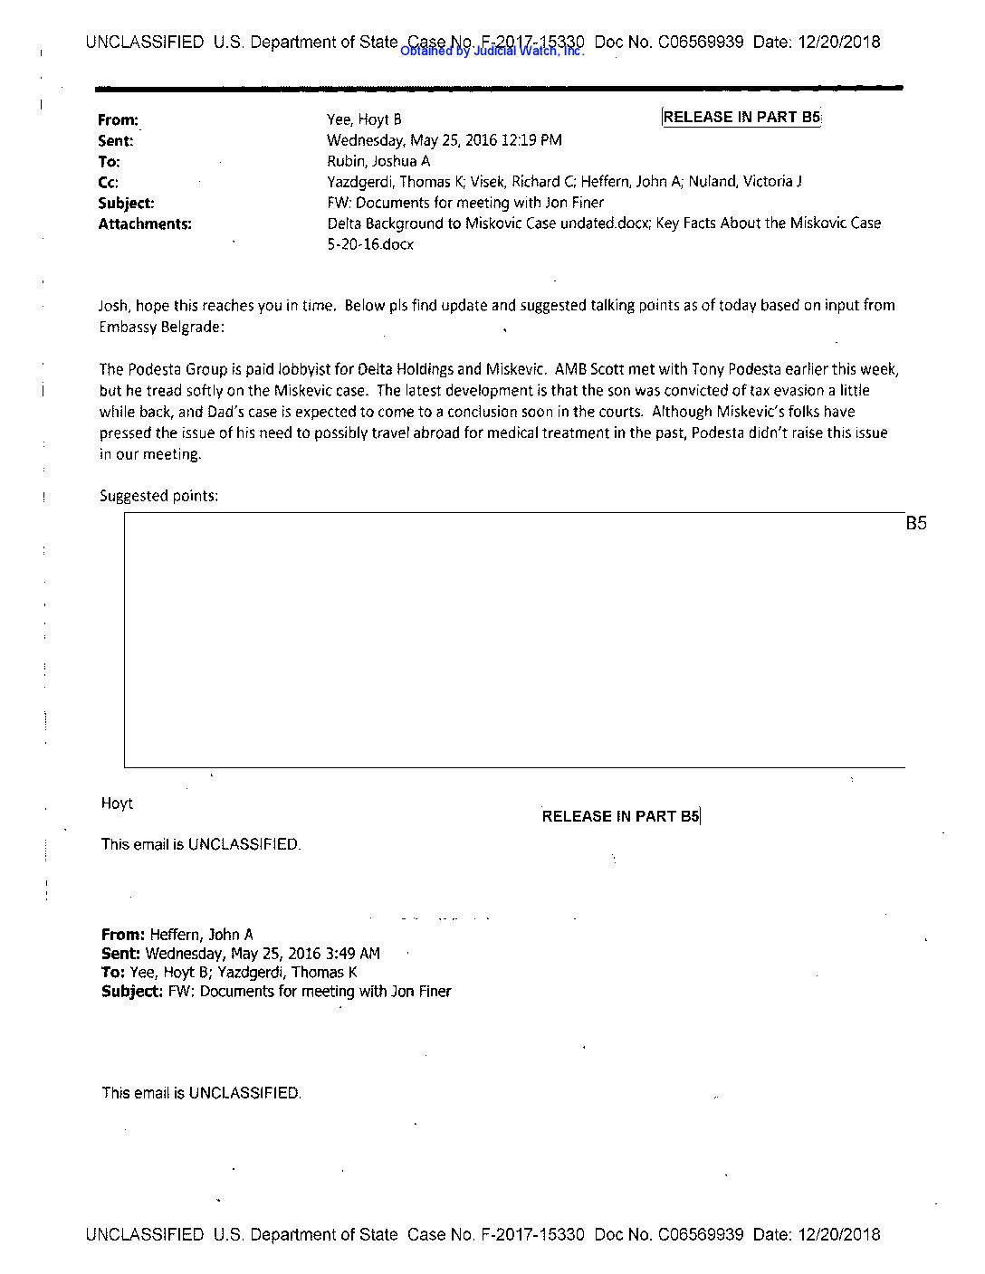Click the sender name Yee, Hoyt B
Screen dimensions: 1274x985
coord(364,119)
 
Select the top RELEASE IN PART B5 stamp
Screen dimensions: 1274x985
coord(741,117)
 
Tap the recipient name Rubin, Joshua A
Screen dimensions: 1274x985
coord(378,161)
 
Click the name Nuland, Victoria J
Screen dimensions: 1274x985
coord(744,182)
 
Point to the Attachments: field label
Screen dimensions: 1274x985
coord(145,223)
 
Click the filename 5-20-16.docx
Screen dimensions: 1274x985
coord(370,244)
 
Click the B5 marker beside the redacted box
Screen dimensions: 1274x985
coord(916,523)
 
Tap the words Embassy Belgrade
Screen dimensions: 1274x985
coord(159,327)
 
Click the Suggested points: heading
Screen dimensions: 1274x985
coord(158,496)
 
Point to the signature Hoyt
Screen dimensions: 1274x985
coord(117,803)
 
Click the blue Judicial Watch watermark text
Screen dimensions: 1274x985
coord(492,52)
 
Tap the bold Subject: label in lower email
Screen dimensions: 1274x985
coord(132,991)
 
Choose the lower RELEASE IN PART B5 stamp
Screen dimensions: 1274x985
coord(621,816)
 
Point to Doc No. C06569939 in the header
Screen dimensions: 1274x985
coord(669,42)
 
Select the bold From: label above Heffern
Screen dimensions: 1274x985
coord(123,934)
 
